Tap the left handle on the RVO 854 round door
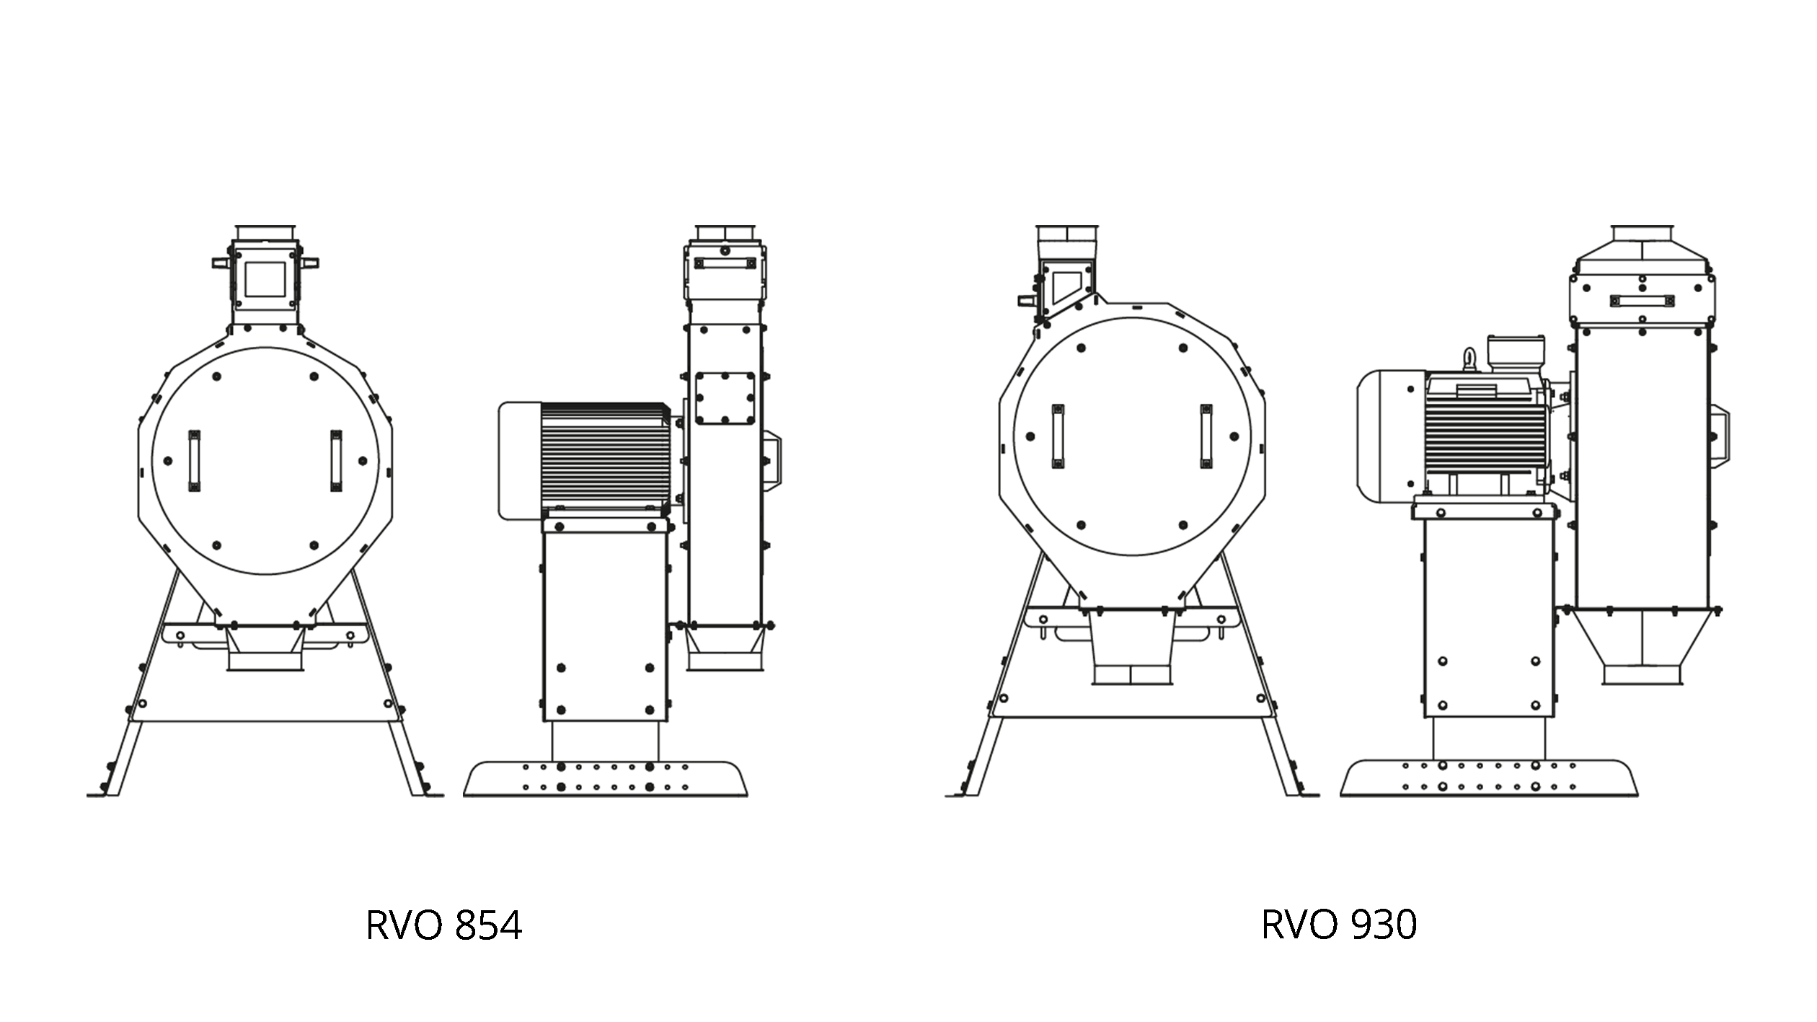[x=194, y=461]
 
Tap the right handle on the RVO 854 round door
[x=336, y=461]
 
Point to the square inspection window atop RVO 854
[x=265, y=278]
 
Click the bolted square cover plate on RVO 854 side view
[x=725, y=398]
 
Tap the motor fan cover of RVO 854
[x=519, y=460]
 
